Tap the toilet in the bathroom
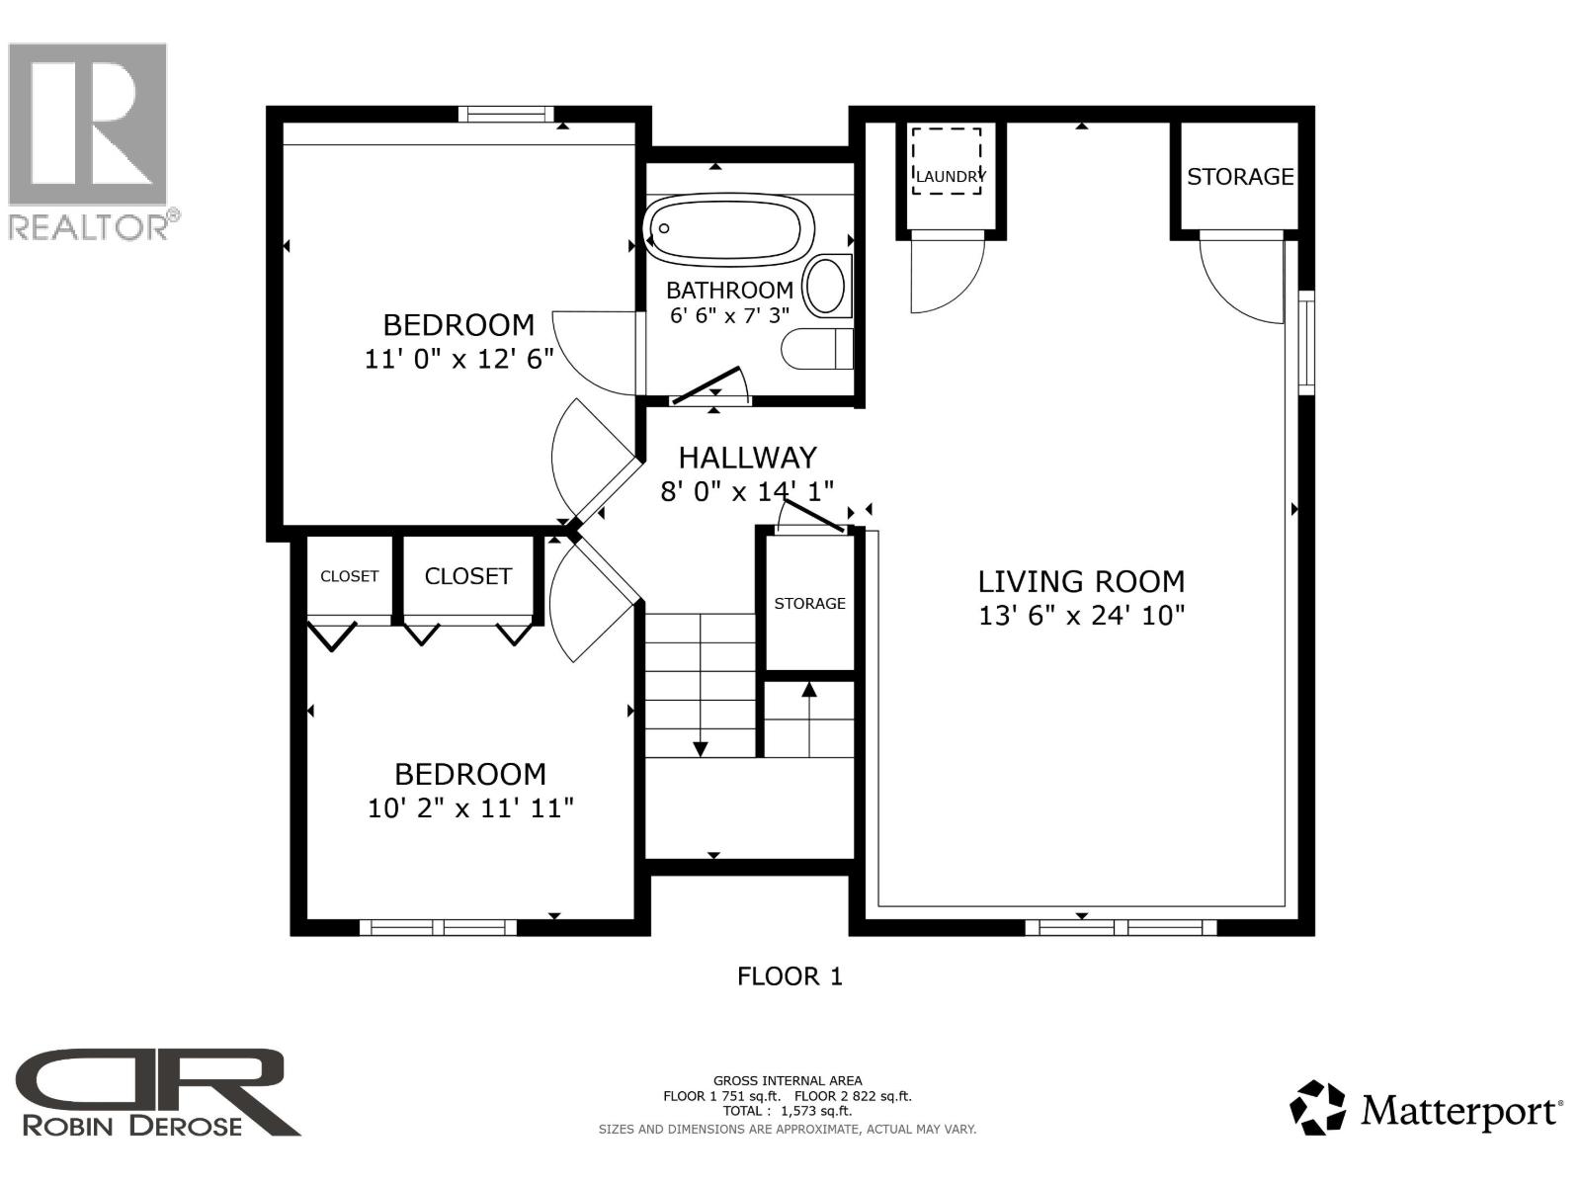click(x=818, y=348)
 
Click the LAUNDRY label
click(x=949, y=176)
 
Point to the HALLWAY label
click(x=747, y=458)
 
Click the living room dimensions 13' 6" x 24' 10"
click(x=1081, y=616)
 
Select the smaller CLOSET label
click(x=349, y=576)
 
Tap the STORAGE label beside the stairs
click(x=809, y=603)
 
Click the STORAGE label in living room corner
click(x=1239, y=177)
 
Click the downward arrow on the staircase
click(x=701, y=747)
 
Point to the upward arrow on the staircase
click(x=809, y=690)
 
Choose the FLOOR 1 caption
click(x=790, y=976)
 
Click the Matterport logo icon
click(x=1317, y=1107)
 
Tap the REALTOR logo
click(x=89, y=138)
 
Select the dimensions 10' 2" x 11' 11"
click(x=470, y=808)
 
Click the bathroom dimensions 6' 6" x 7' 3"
click(x=729, y=316)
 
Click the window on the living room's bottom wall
click(x=1121, y=926)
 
